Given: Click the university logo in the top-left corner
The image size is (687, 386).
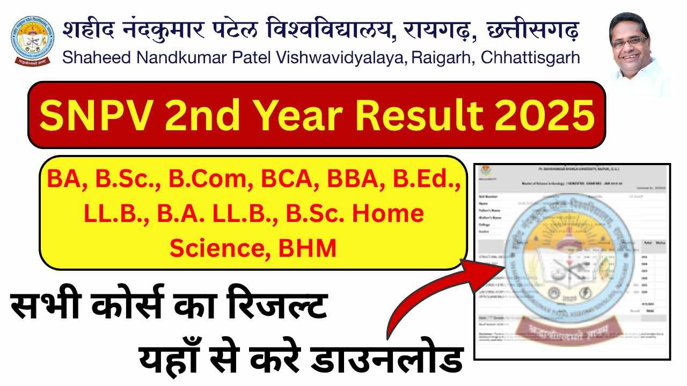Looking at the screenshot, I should click(x=32, y=40).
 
